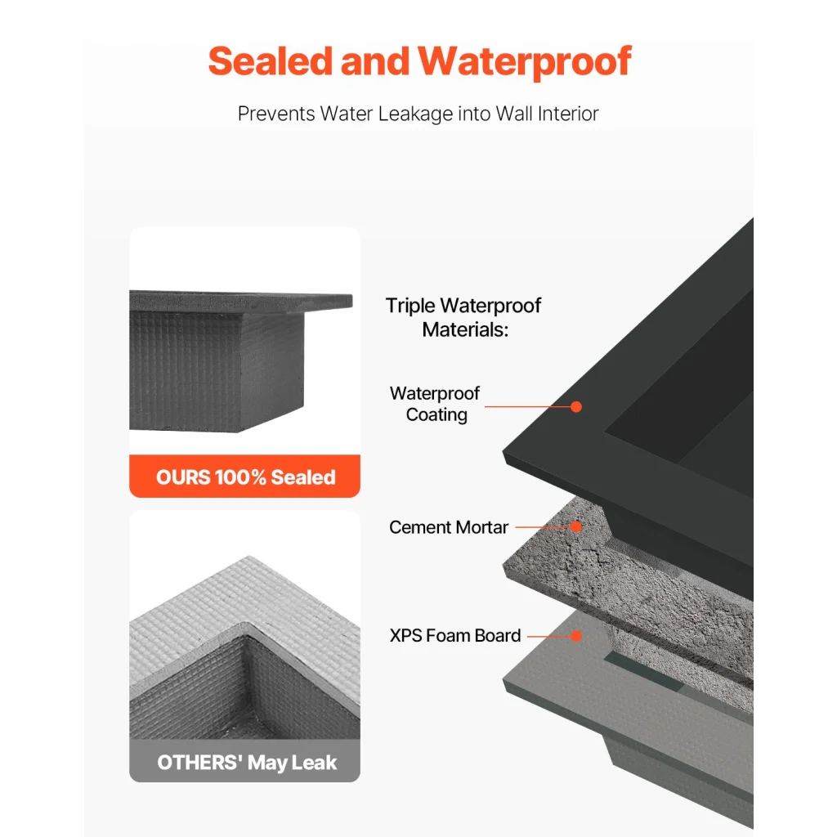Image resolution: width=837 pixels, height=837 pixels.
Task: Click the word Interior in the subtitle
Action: coord(567,114)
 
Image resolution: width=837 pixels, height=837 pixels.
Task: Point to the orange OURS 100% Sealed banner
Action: coord(245,477)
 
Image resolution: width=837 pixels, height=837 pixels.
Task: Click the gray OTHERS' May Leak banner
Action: coord(245,763)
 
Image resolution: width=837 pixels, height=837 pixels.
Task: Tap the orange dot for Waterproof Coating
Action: coord(576,406)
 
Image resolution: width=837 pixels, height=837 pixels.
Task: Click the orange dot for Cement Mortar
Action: coord(576,527)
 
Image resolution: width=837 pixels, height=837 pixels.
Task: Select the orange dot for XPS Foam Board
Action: coord(576,635)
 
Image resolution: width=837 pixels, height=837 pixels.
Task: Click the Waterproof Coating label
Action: coord(435,404)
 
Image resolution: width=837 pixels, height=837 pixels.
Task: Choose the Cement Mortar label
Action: coord(449,527)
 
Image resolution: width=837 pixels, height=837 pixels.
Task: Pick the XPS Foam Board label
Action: coord(455,635)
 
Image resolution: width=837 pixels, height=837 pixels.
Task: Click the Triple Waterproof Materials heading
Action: coord(463,317)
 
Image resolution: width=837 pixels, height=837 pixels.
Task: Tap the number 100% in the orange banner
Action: coord(241,477)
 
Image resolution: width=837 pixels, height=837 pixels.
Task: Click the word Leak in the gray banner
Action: coord(316,763)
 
